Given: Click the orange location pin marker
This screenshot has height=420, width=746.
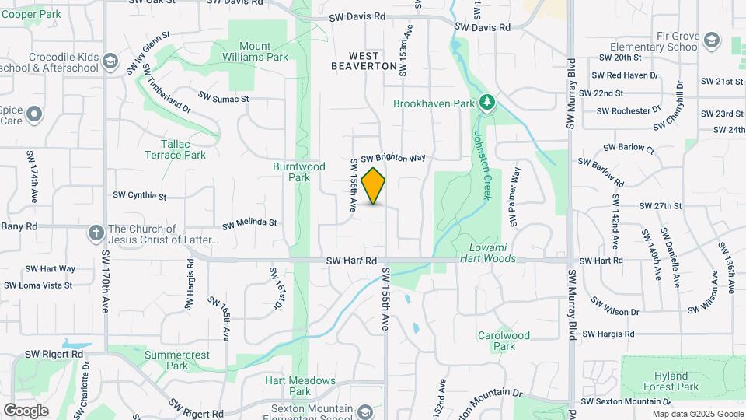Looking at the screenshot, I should pos(374,186).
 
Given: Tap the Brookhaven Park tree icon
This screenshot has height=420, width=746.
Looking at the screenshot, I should pos(487,103).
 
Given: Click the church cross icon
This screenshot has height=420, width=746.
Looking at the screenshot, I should pos(96,233).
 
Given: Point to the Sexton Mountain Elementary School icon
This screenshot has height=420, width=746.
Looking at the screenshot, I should pos(365,411).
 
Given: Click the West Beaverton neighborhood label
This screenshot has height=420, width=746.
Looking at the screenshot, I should pos(364,61).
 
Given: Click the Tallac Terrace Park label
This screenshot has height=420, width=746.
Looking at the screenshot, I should pos(175,149).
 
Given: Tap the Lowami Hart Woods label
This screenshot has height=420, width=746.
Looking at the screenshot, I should pos(487,254).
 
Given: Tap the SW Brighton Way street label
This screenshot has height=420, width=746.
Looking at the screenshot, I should pos(393,158).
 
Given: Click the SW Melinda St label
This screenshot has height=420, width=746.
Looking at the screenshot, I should pos(249,223).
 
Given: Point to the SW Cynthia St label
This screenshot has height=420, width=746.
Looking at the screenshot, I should pos(140,195).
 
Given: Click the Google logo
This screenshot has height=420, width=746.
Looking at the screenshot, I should pos(26,410).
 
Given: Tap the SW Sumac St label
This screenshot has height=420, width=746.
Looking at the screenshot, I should pos(223,98).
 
